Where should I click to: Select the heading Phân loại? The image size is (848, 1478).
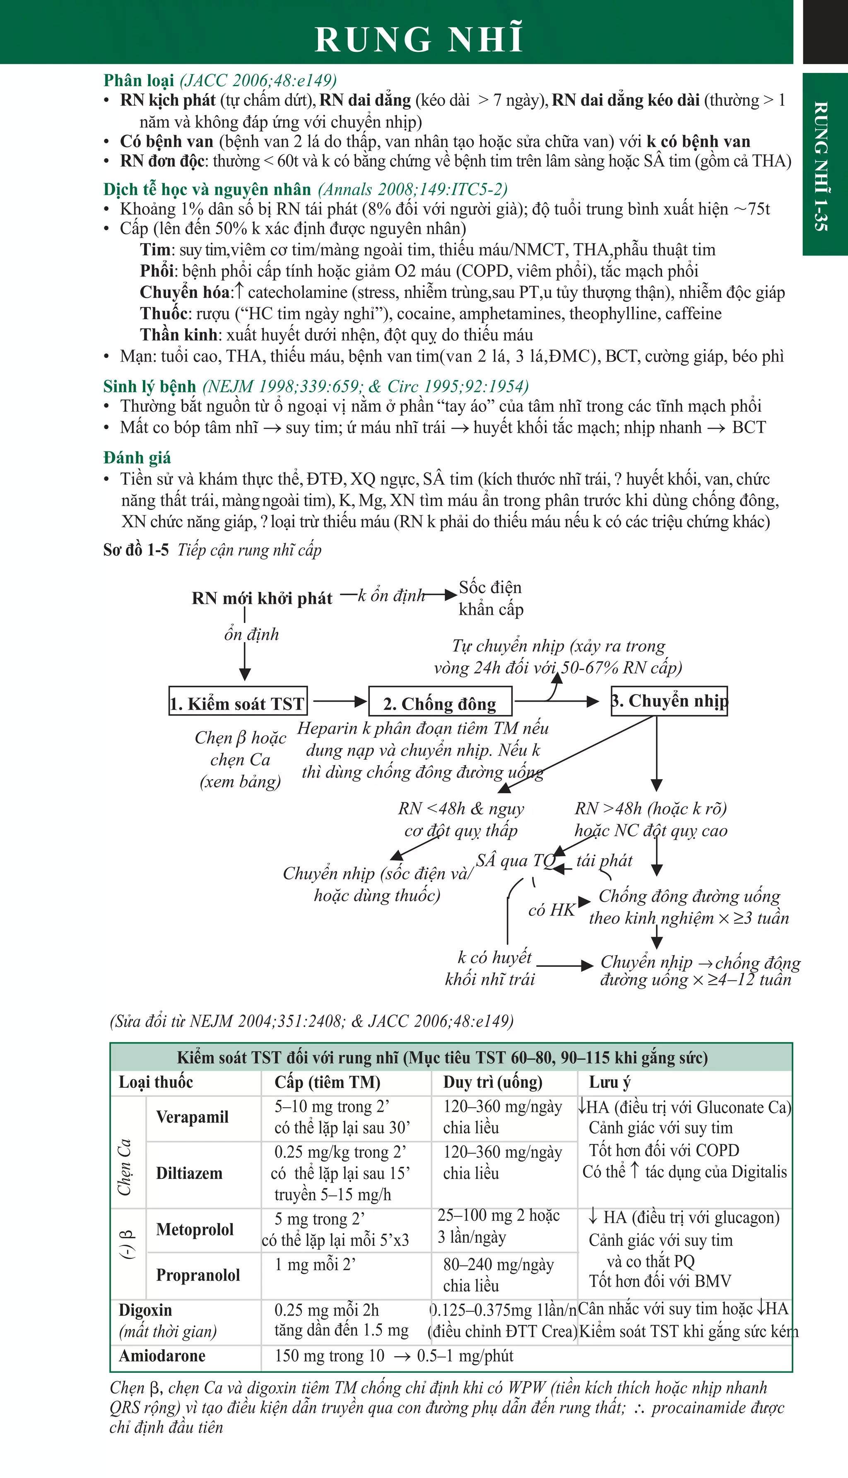(x=139, y=80)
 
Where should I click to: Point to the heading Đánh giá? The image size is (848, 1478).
(x=137, y=457)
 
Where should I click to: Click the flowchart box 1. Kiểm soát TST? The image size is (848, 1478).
(x=238, y=704)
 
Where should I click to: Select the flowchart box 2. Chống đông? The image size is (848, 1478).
(x=440, y=704)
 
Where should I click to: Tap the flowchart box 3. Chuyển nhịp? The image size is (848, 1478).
(x=669, y=701)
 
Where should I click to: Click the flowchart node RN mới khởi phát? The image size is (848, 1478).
(x=262, y=598)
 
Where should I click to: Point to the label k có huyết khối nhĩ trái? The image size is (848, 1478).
(x=490, y=968)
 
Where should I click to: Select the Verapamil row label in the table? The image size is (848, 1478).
(x=192, y=1117)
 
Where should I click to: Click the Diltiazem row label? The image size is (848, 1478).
(x=189, y=1173)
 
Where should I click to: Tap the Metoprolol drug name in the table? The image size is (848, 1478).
(x=195, y=1229)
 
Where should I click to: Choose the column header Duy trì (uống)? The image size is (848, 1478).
(x=493, y=1082)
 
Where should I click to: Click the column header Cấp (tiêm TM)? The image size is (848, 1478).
(x=328, y=1082)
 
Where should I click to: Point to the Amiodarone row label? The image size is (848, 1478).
(x=162, y=1356)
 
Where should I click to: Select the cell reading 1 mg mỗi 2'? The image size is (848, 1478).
(x=315, y=1265)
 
